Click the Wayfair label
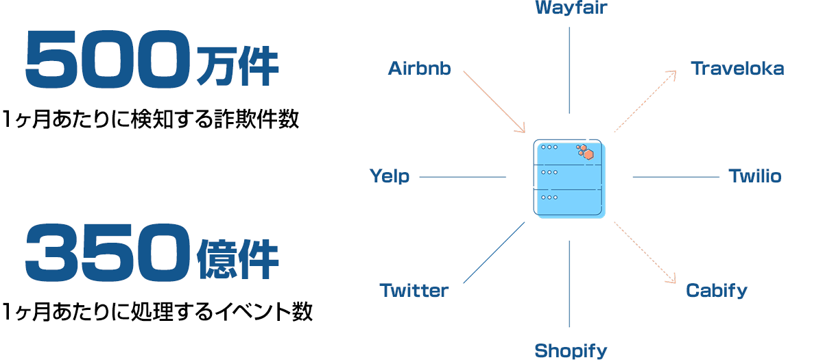coord(571,8)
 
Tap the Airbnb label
coord(419,69)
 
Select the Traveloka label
coord(737,69)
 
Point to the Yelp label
coord(390,176)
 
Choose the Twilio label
coord(755,176)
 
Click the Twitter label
coord(414,291)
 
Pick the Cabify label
coord(717,291)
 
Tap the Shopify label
coord(571,351)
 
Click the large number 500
coord(108,59)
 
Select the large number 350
coord(108,252)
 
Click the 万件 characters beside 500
coord(238,67)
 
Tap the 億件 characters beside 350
coord(238,259)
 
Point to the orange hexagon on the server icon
coord(588,154)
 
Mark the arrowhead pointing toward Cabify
coord(671,279)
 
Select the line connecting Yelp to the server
coord(462,177)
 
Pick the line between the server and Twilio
coord(676,177)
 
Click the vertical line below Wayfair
coord(569,70)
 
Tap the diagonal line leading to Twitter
coord(494,253)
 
